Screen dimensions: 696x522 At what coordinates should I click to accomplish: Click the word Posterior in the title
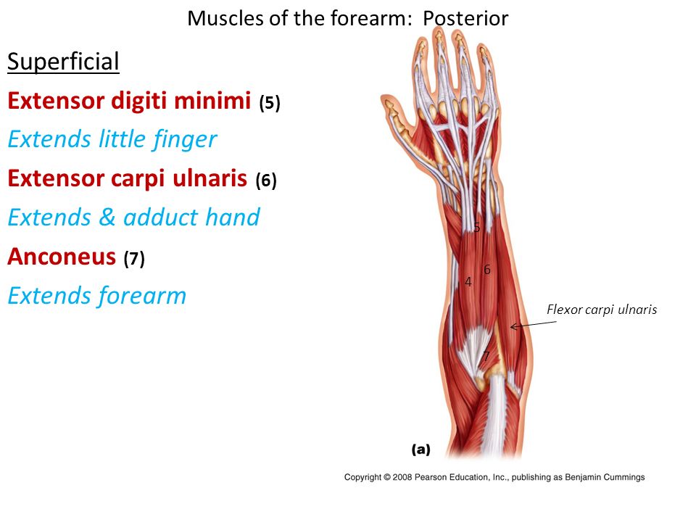click(465, 19)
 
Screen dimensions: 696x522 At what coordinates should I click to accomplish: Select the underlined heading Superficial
click(64, 61)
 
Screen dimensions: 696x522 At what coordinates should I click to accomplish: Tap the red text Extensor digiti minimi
click(129, 100)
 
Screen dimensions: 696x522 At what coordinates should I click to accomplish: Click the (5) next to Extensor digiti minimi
click(270, 102)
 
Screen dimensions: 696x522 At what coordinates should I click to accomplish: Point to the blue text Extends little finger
click(112, 139)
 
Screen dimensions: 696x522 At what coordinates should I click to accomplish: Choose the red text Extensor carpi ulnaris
click(127, 178)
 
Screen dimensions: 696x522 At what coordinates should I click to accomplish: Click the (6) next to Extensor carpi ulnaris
click(266, 181)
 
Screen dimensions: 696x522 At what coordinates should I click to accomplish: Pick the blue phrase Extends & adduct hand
click(133, 217)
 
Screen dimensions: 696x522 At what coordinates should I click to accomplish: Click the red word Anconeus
click(62, 257)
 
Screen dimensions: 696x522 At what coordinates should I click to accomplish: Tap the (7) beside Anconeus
click(134, 258)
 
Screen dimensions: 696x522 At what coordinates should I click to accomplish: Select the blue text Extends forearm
click(96, 296)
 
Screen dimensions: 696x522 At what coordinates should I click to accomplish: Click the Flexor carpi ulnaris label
click(602, 310)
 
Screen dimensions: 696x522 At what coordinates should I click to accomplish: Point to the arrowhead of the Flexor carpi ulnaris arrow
click(511, 327)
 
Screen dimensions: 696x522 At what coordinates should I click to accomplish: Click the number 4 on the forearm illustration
click(468, 281)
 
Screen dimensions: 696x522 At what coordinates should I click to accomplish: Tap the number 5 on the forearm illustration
click(477, 227)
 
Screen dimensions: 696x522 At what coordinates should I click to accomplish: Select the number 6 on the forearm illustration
click(487, 270)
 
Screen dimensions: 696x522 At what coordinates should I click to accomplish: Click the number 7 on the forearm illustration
click(486, 356)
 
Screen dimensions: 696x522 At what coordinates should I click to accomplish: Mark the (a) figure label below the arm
click(420, 449)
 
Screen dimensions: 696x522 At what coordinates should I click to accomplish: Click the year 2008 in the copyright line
click(402, 477)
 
